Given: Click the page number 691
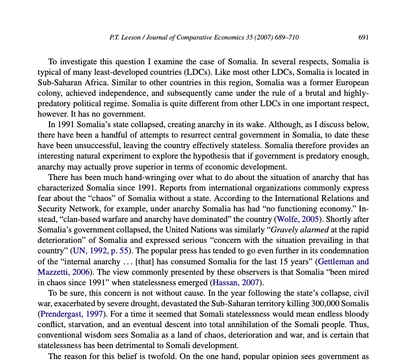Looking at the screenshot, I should [x=363, y=38].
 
